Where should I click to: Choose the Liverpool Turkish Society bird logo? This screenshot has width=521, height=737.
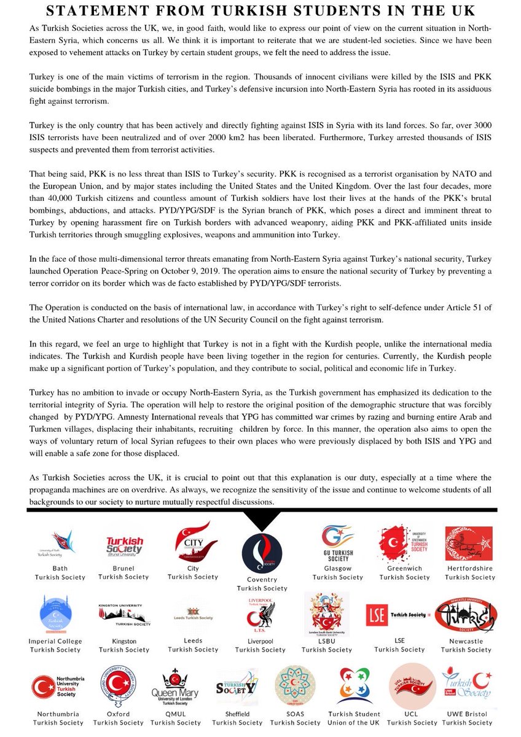pyautogui.click(x=260, y=614)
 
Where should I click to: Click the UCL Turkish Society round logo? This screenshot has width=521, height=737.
pyautogui.click(x=412, y=686)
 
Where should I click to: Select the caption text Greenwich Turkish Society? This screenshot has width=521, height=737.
pyautogui.click(x=404, y=573)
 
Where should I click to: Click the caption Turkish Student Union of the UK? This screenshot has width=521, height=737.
pyautogui.click(x=354, y=719)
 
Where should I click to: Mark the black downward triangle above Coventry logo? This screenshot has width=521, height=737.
pyautogui.click(x=262, y=521)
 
